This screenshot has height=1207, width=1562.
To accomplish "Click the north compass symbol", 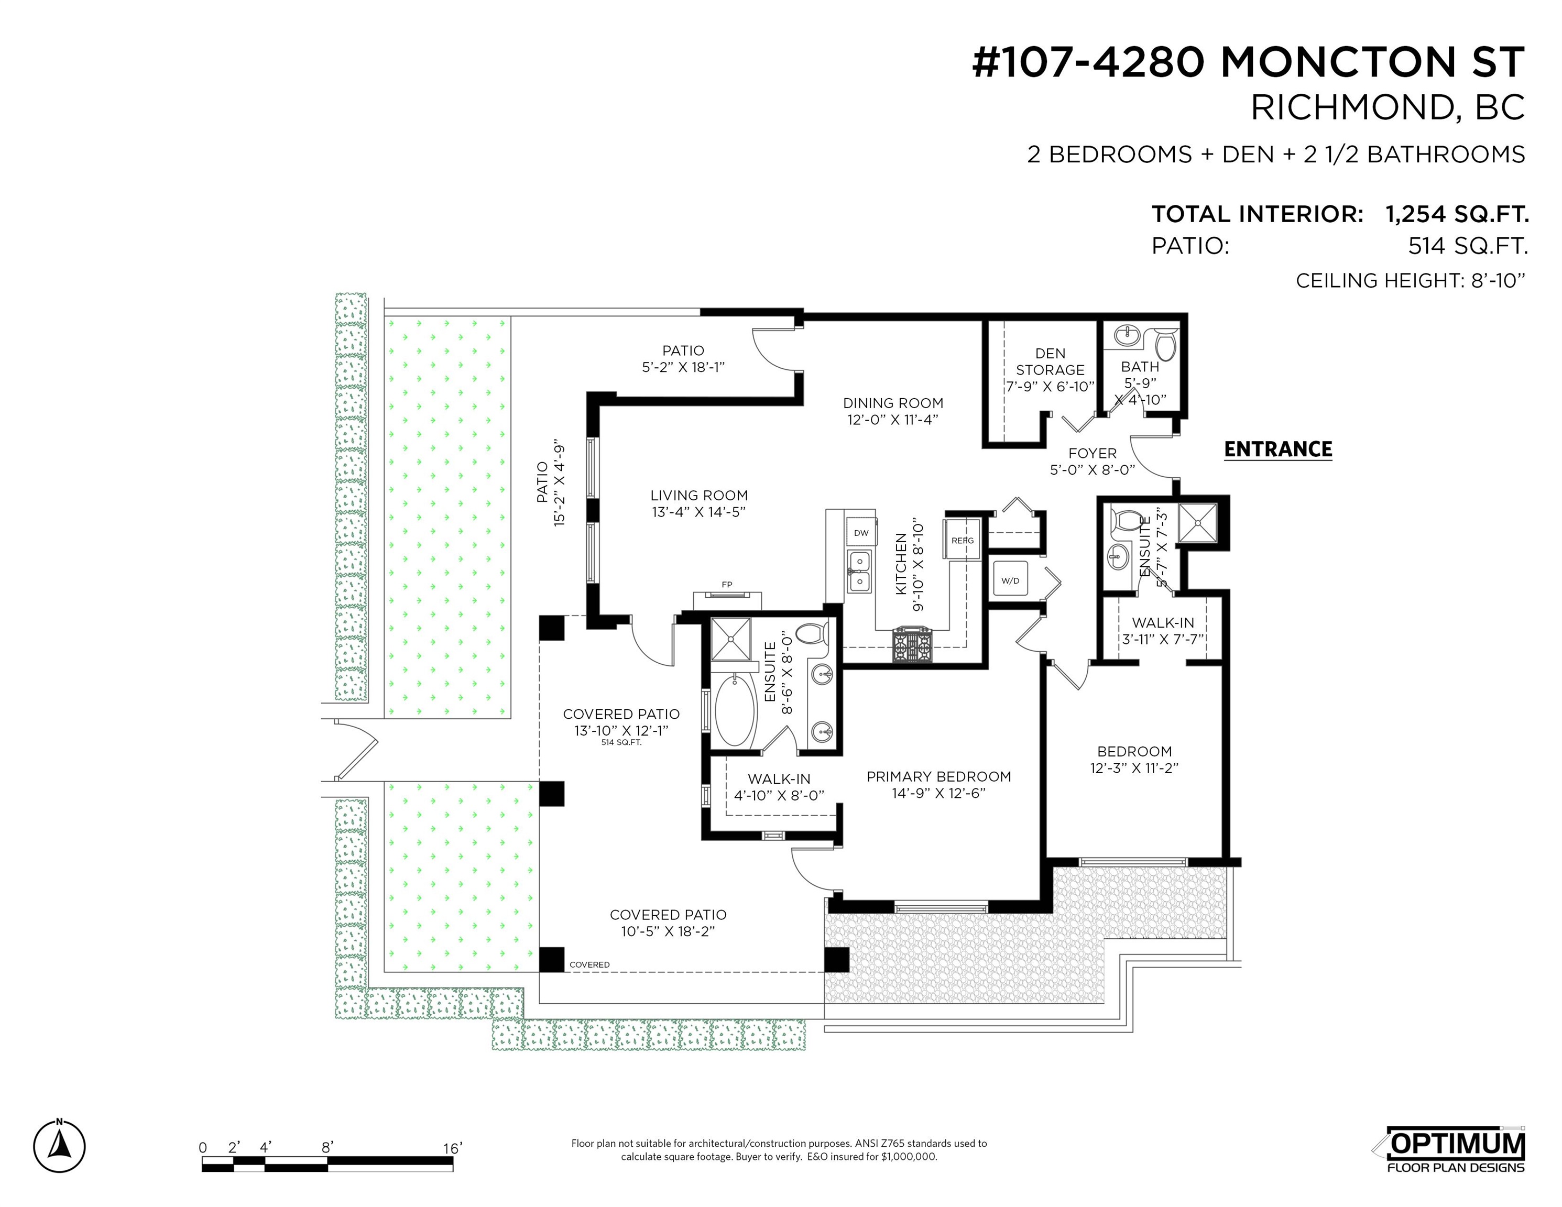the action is coord(59,1146).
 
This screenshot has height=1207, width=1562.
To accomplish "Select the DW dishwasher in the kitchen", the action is coord(861,533).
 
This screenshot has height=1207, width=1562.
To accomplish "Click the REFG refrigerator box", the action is coord(963,541).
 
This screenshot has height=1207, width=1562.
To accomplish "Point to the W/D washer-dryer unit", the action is coord(1010,580).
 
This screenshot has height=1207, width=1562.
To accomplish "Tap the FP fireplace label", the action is coord(727,584).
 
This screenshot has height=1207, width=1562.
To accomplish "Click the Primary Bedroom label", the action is coord(938,776).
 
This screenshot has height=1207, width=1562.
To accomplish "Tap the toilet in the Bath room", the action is coord(1166,344).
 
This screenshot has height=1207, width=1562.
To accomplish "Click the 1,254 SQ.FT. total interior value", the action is coord(1457,214).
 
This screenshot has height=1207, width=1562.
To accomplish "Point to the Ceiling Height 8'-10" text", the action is coord(1411,280).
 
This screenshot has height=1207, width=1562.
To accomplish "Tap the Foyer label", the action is coord(1092,453).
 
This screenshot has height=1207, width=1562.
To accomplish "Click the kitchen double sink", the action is coord(860,572).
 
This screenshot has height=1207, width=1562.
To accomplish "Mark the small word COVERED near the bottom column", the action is coord(589,964).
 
